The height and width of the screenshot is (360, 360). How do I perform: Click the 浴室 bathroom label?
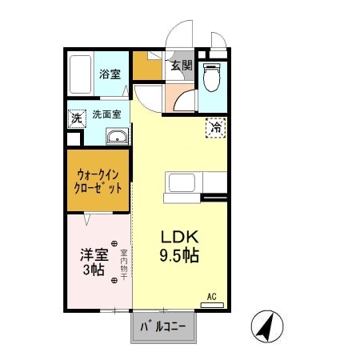click(x=110, y=74)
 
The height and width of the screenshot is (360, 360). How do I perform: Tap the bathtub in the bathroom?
click(x=80, y=74)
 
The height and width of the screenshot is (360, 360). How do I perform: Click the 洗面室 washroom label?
click(x=106, y=114)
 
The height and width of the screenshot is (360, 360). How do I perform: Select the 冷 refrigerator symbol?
click(x=215, y=126)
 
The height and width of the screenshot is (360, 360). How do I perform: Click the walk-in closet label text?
click(x=99, y=181)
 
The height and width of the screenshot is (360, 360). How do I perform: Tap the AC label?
click(x=212, y=296)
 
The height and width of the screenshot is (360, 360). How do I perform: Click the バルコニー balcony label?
click(x=163, y=326)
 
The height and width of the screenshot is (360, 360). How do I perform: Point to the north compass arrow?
click(x=267, y=326)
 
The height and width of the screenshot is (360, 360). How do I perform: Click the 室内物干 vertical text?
click(x=124, y=260)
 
